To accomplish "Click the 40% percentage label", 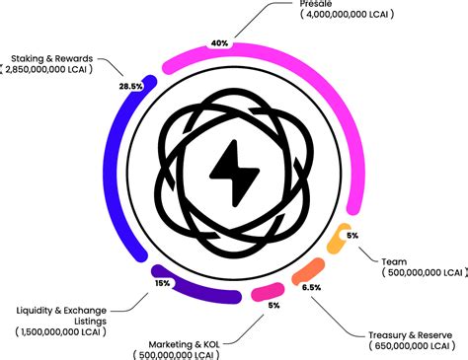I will pos(219,43).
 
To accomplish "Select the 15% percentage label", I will pos(162,283).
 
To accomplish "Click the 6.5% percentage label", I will pos(311,287).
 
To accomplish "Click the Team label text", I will pos(394,261).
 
